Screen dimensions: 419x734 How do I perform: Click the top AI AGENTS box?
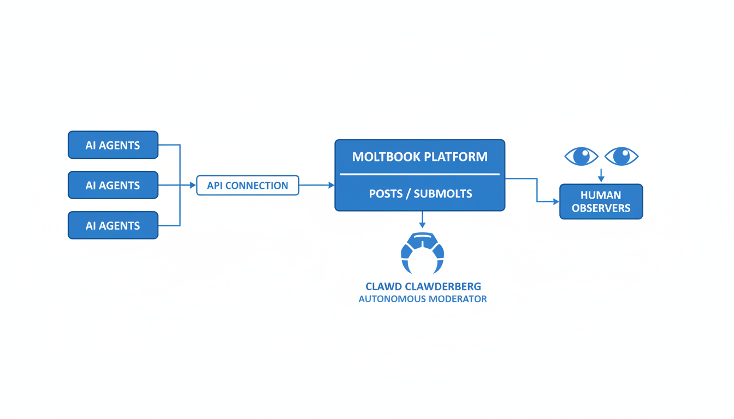point(113,145)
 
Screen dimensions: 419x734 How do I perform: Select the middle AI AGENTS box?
point(113,185)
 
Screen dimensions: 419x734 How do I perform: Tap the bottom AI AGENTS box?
point(113,225)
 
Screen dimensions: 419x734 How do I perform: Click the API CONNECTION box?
point(247,185)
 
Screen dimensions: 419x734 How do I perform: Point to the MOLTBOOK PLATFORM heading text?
point(419,157)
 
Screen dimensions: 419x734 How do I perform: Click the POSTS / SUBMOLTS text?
point(419,194)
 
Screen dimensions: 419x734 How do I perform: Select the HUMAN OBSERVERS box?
point(601,202)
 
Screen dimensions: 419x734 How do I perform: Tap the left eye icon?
point(581,156)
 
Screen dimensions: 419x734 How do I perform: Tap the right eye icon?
point(621,156)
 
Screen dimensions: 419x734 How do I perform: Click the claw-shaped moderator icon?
point(422,253)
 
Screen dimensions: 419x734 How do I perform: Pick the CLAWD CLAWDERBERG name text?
point(423,286)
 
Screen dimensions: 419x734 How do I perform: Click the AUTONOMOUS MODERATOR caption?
point(423,299)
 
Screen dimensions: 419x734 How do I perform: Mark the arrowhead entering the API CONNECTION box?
point(193,185)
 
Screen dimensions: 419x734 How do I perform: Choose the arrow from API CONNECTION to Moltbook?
point(317,185)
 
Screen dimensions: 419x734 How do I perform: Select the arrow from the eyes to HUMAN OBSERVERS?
point(601,175)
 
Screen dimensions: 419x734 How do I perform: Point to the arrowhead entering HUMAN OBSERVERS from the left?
point(557,202)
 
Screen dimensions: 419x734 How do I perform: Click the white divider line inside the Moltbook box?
point(419,175)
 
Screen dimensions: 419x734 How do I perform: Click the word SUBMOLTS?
point(443,194)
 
